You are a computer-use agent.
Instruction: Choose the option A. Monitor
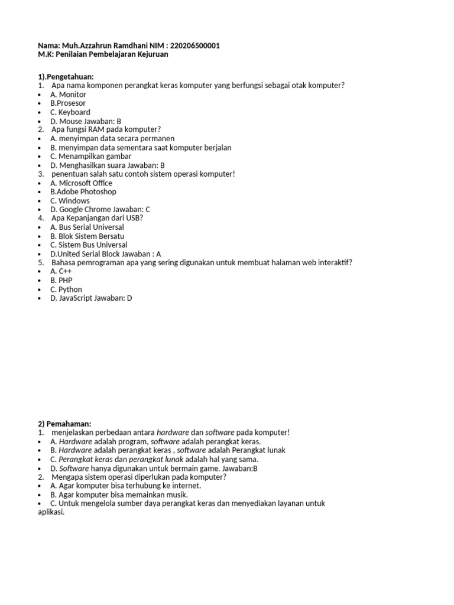68,95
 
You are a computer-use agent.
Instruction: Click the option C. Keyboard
70,112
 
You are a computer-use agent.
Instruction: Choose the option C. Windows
70,201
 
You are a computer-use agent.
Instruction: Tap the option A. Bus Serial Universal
87,227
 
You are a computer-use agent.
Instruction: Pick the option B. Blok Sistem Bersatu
87,236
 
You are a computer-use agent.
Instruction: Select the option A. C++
61,272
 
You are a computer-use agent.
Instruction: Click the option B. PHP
61,281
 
